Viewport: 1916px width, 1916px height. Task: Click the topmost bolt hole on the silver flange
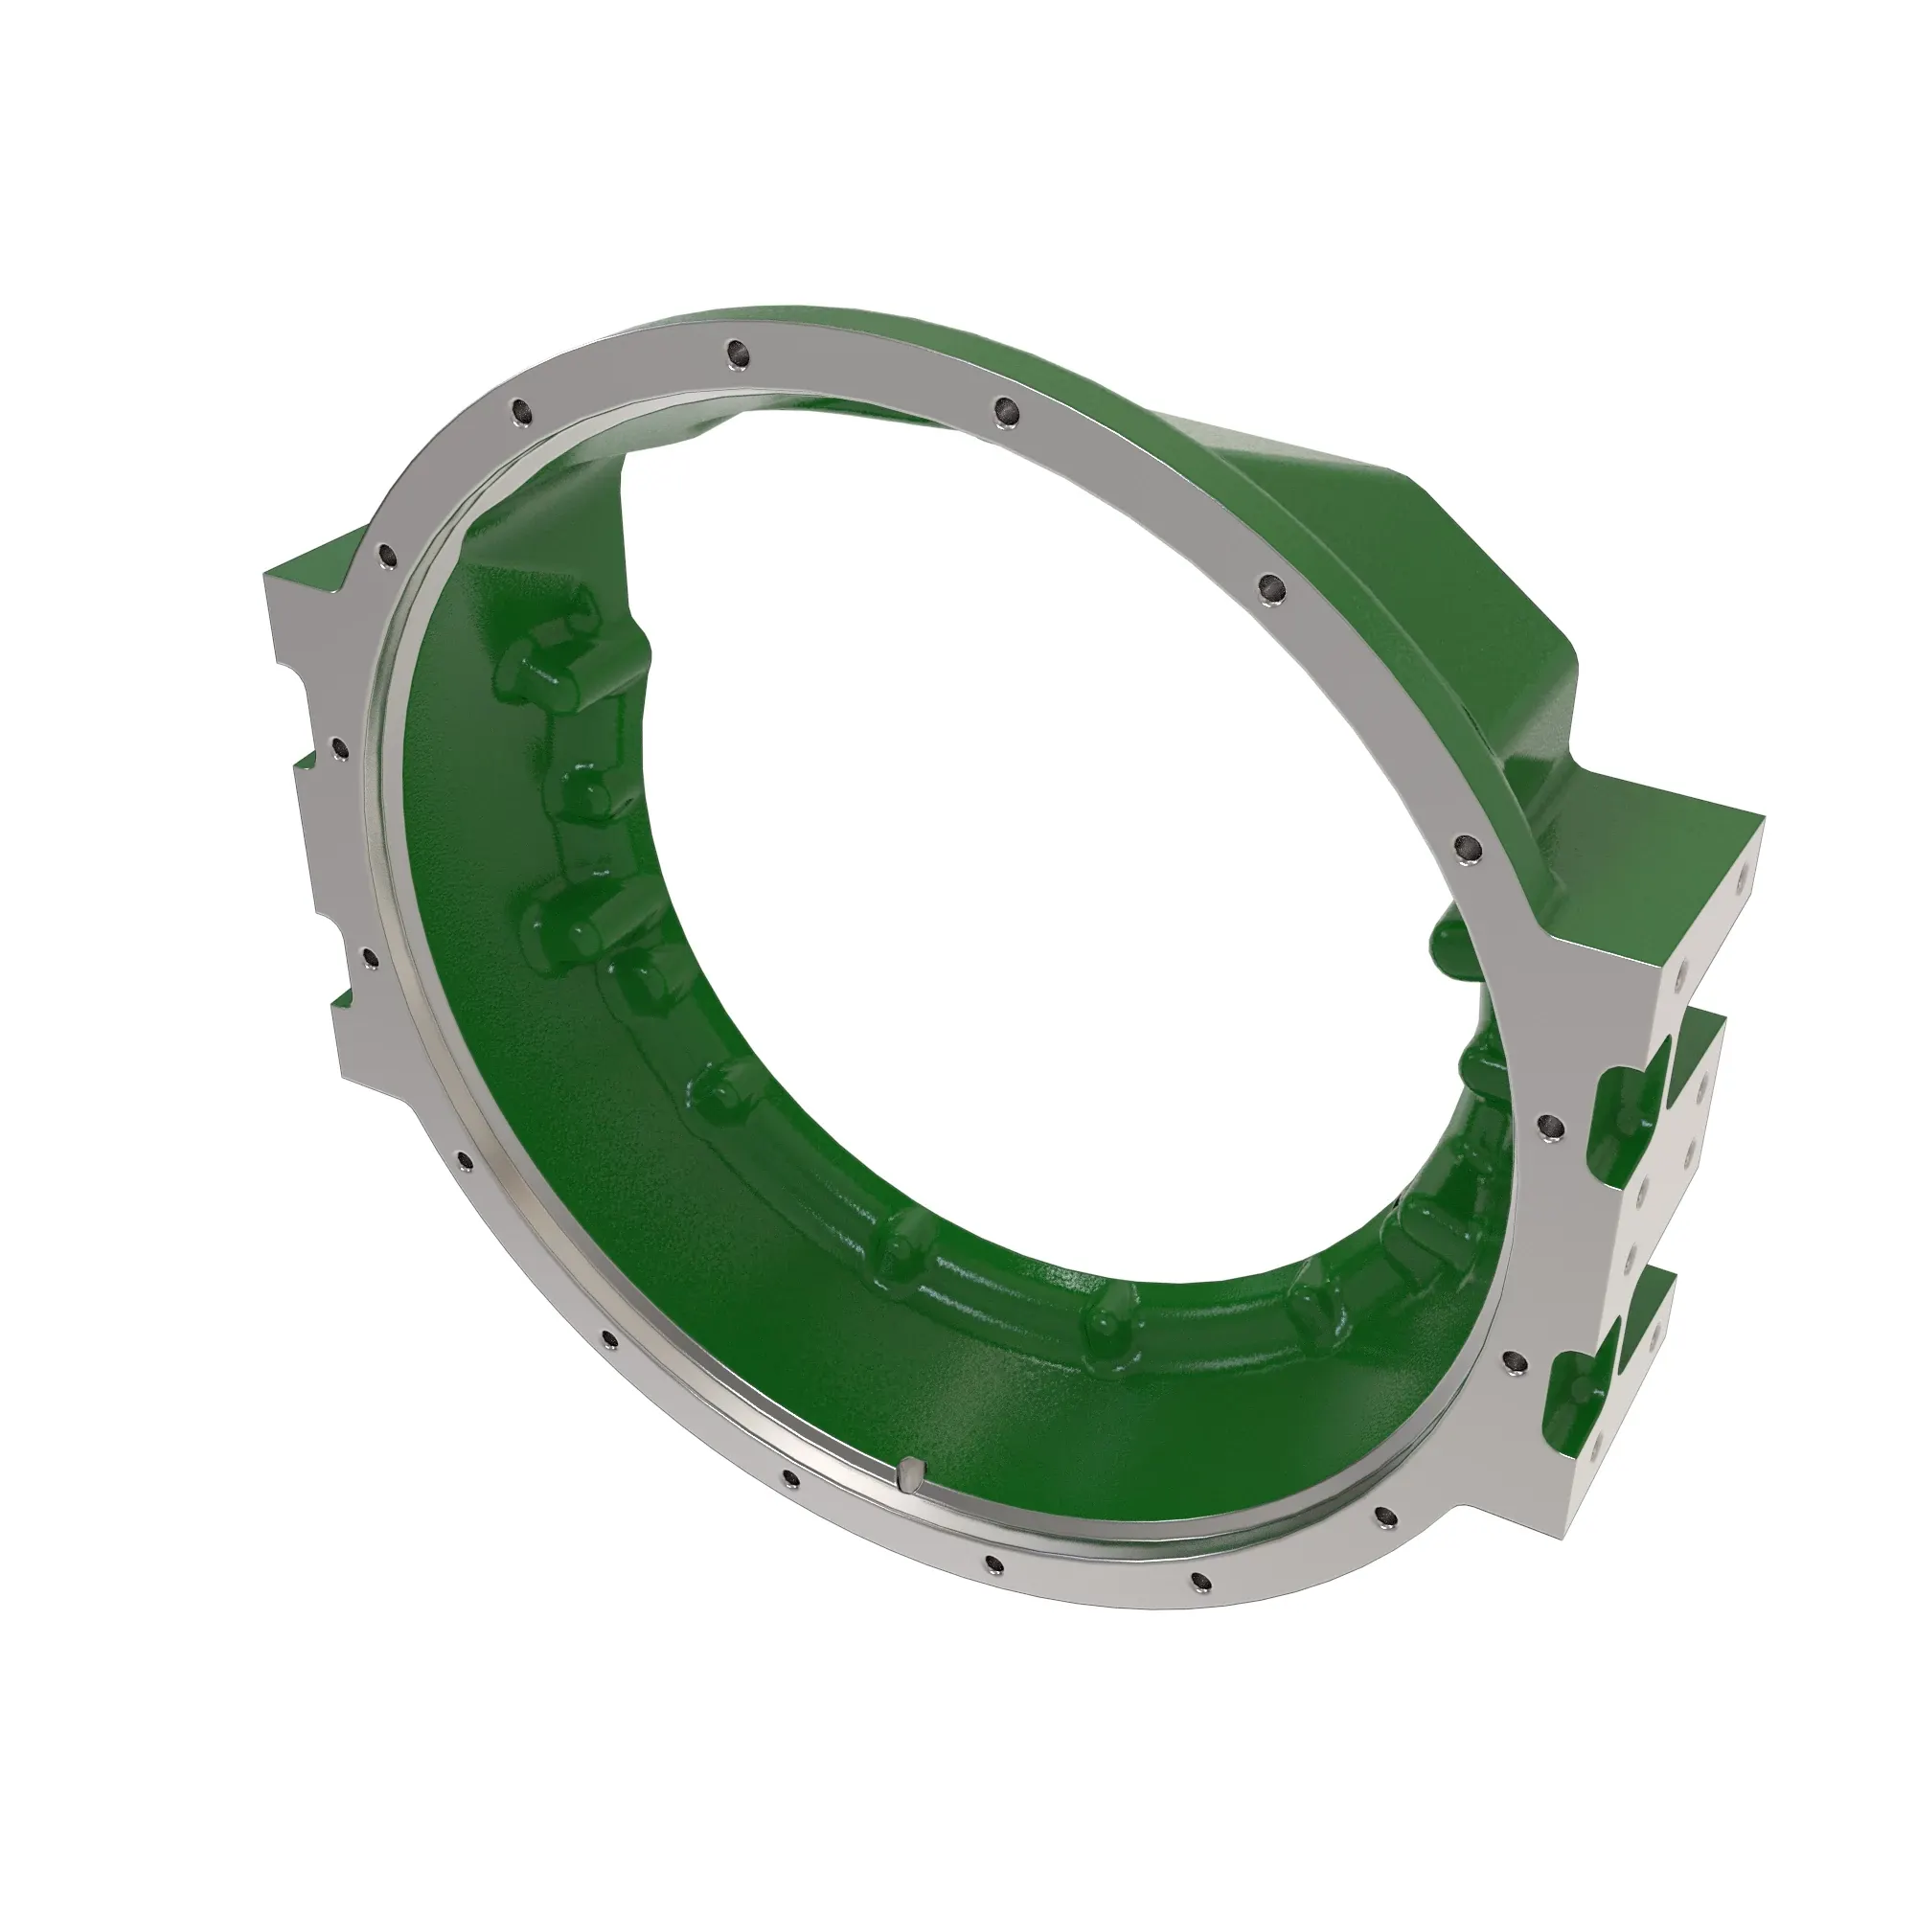pyautogui.click(x=735, y=351)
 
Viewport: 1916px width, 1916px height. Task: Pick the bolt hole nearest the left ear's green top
pyautogui.click(x=385, y=554)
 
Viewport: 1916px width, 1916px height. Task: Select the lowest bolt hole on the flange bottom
pyautogui.click(x=1199, y=1608)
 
